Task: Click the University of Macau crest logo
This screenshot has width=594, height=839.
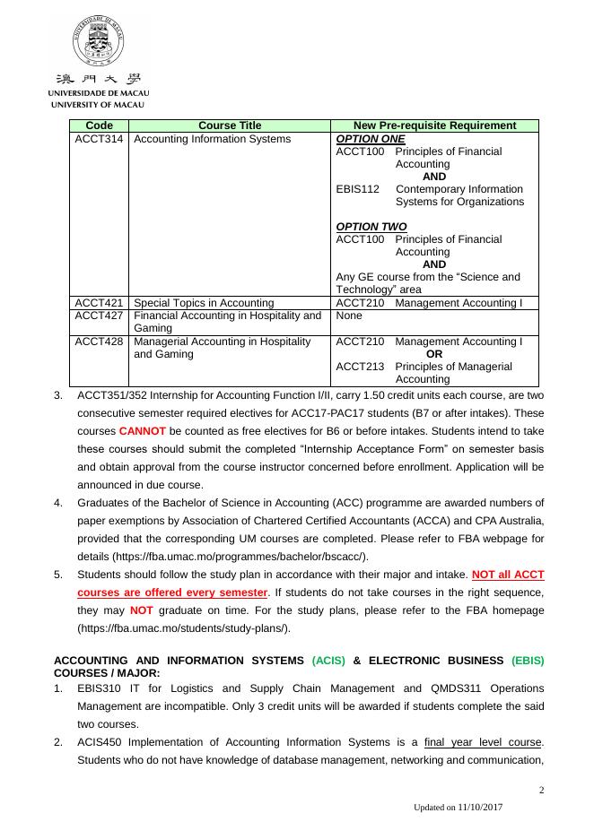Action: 98,42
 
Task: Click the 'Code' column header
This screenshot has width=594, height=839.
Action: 99,125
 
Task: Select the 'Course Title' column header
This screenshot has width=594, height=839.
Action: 230,125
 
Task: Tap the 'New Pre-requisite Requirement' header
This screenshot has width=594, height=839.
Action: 434,125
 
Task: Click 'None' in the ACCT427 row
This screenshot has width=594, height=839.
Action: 350,316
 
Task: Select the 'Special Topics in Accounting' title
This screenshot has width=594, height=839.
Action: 204,303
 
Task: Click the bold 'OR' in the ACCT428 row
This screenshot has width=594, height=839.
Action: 434,354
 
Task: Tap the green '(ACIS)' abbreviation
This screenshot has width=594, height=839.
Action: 328,661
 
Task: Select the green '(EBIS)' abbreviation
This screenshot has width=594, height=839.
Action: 528,661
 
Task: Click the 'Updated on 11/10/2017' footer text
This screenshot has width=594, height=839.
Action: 458,808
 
